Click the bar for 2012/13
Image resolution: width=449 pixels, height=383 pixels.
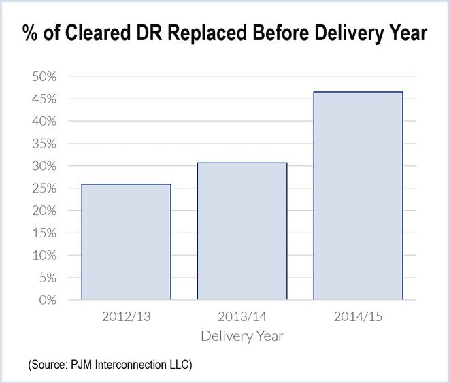[x=126, y=242]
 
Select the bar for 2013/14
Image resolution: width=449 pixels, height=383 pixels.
[x=242, y=231]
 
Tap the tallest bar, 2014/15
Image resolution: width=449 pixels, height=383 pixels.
[x=358, y=195]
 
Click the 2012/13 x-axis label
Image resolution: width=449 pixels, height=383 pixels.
[x=126, y=317]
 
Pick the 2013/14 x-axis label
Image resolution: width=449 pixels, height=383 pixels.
[x=242, y=317]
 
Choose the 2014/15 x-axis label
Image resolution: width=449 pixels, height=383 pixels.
[x=358, y=317]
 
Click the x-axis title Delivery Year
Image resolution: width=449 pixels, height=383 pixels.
[x=242, y=336]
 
